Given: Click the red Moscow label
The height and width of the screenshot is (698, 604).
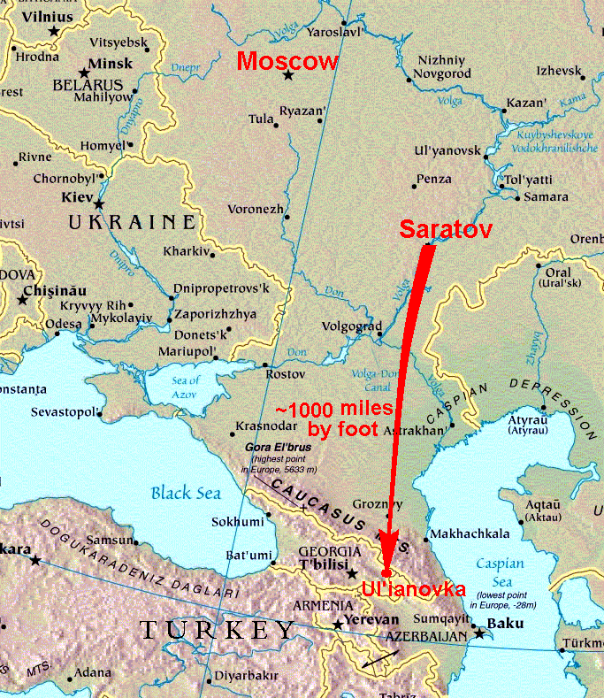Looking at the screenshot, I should click(288, 61).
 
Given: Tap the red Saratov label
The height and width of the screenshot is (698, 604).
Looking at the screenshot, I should click(446, 227).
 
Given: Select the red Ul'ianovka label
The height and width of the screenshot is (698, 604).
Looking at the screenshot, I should click(414, 588).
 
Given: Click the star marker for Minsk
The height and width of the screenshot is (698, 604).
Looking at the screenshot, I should click(85, 73).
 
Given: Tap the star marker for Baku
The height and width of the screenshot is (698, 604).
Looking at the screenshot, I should click(480, 633).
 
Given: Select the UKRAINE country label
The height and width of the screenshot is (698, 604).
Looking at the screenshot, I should click(132, 221).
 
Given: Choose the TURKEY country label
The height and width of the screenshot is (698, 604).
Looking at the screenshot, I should click(218, 630).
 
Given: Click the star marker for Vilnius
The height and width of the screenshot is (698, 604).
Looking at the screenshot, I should click(54, 31).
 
